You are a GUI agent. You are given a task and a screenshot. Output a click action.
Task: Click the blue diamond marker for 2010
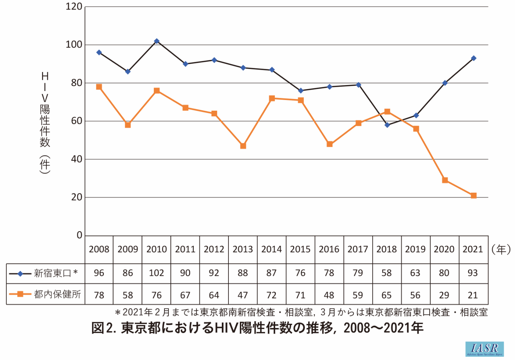[157, 41]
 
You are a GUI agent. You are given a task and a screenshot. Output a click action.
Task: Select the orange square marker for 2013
[243, 146]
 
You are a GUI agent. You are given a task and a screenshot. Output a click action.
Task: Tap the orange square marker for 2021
[474, 196]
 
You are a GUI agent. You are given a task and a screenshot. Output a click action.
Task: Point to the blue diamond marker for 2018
[387, 125]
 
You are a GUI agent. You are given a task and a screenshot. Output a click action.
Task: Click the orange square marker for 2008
[99, 87]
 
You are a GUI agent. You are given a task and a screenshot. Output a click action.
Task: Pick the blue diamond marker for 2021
[474, 58]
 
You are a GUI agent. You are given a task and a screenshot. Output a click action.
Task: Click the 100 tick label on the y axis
[74, 45]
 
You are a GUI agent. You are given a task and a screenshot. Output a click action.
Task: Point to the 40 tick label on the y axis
[76, 159]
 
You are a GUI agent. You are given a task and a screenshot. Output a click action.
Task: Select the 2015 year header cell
[300, 249]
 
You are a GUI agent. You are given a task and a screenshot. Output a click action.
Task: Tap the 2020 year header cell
[444, 249]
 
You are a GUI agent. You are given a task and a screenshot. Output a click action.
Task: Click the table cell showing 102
[156, 273]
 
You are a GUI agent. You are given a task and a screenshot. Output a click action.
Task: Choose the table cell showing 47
[243, 295]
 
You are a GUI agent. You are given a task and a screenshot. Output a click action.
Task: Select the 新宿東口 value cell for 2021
[473, 273]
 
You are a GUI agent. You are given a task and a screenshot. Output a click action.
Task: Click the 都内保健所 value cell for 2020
[444, 295]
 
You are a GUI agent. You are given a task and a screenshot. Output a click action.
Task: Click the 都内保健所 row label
[57, 294]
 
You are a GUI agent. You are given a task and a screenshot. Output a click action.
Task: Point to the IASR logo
[484, 349]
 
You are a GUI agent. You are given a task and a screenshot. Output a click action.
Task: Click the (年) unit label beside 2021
[501, 250]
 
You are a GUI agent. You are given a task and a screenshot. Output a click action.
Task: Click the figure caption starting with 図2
[257, 328]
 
